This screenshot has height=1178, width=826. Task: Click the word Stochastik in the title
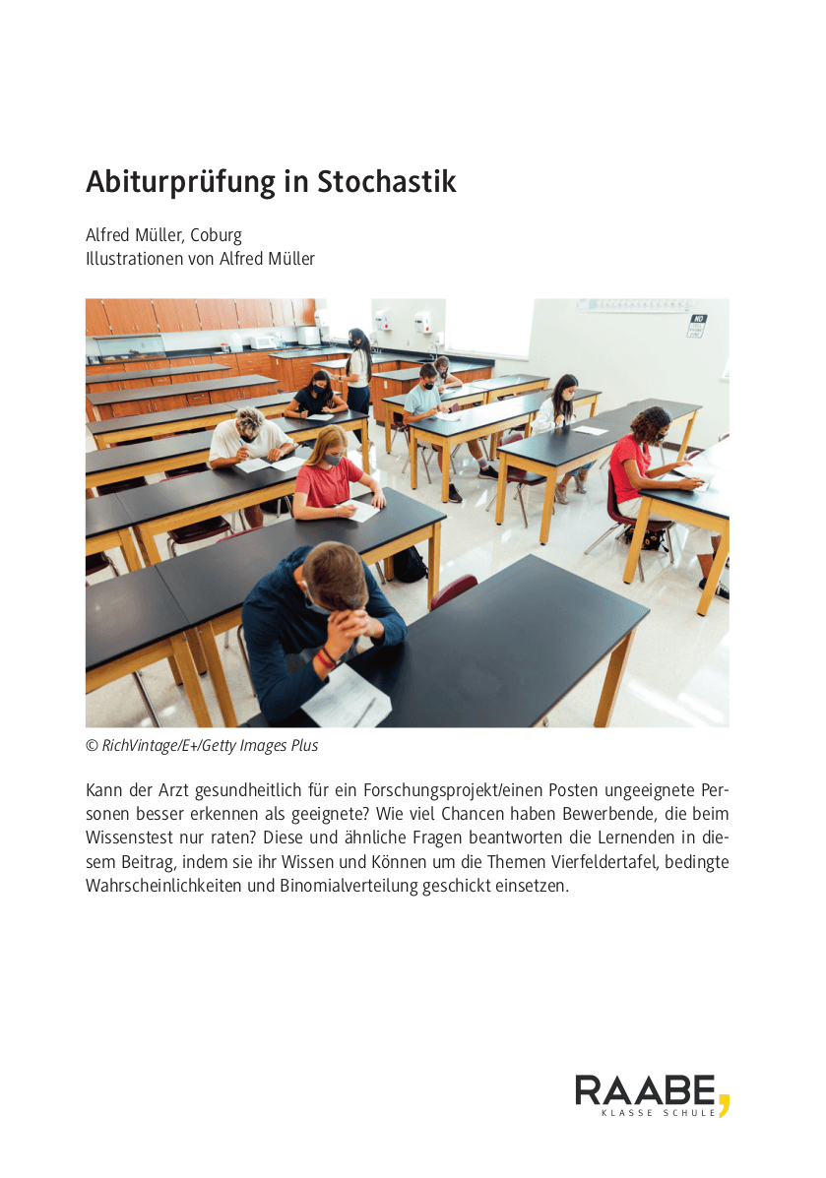point(387,183)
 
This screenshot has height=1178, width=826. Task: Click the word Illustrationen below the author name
point(133,259)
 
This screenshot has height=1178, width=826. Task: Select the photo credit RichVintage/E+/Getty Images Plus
point(210,746)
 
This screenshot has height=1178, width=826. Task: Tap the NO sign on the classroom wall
point(698,325)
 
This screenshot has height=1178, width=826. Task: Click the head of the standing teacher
point(356,338)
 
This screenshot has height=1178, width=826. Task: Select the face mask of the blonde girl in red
point(333,458)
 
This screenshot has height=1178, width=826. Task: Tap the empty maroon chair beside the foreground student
point(454,590)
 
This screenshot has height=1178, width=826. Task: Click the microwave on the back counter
point(263,341)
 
